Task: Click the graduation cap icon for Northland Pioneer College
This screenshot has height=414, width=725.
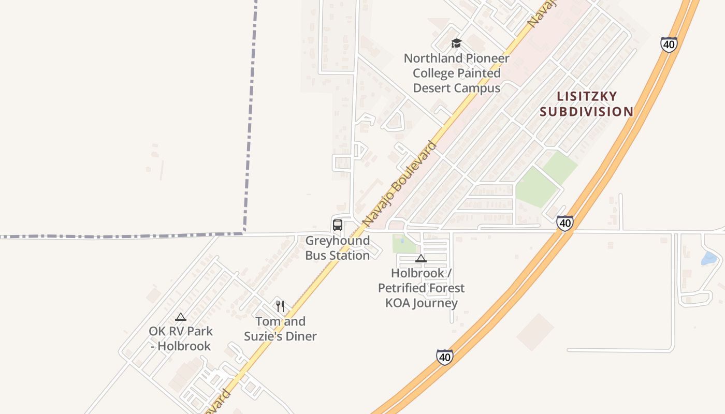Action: tap(456, 43)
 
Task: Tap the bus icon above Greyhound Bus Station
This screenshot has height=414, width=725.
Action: tap(338, 225)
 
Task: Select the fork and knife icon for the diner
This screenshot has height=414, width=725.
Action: tap(280, 306)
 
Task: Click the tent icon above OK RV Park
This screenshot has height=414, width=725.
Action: tap(181, 317)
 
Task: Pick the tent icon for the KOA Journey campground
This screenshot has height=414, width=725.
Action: tap(421, 258)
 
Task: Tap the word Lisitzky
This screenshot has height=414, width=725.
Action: tap(587, 96)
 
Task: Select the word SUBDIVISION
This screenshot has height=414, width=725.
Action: tap(587, 111)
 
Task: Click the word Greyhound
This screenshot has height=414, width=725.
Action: tap(338, 241)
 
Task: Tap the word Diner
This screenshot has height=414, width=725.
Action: tap(299, 336)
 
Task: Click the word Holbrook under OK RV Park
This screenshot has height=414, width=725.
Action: tap(184, 346)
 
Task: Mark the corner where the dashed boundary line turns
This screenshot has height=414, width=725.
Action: tap(244, 233)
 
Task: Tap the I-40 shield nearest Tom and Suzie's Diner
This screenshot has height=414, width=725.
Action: tap(444, 357)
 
